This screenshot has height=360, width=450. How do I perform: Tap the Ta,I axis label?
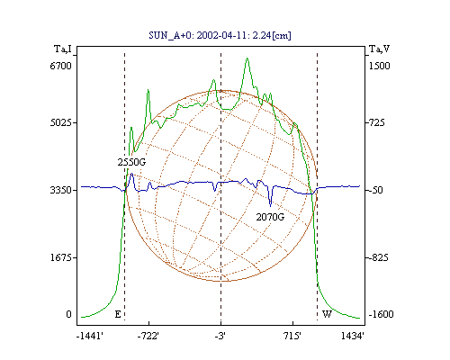pyautogui.click(x=63, y=49)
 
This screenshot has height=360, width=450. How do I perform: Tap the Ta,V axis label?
pyautogui.click(x=379, y=49)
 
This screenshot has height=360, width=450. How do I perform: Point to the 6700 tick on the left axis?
pyautogui.click(x=60, y=66)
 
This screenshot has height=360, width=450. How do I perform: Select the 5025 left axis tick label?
pyautogui.click(x=60, y=122)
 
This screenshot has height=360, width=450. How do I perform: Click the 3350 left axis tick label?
pyautogui.click(x=60, y=190)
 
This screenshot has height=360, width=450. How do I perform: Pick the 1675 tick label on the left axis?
pyautogui.click(x=60, y=257)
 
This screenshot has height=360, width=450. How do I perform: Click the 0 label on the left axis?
pyautogui.click(x=68, y=314)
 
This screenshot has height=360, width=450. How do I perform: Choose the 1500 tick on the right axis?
pyautogui.click(x=379, y=66)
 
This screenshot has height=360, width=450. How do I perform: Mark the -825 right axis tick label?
pyautogui.click(x=379, y=257)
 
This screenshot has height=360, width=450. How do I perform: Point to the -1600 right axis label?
pyautogui.click(x=381, y=314)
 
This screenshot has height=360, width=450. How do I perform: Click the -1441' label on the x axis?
pyautogui.click(x=90, y=336)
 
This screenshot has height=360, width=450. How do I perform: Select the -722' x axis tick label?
pyautogui.click(x=148, y=336)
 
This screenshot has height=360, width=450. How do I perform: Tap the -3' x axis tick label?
pyautogui.click(x=220, y=336)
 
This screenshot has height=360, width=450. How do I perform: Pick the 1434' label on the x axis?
pyautogui.click(x=353, y=336)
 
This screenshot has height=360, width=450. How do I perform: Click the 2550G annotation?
pyautogui.click(x=131, y=162)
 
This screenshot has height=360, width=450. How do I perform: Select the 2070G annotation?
pyautogui.click(x=270, y=217)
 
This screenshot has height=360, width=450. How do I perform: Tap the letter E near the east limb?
pyautogui.click(x=118, y=314)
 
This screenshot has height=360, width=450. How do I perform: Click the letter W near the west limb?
pyautogui.click(x=327, y=314)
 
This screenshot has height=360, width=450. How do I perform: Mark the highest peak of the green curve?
pyautogui.click(x=247, y=58)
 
